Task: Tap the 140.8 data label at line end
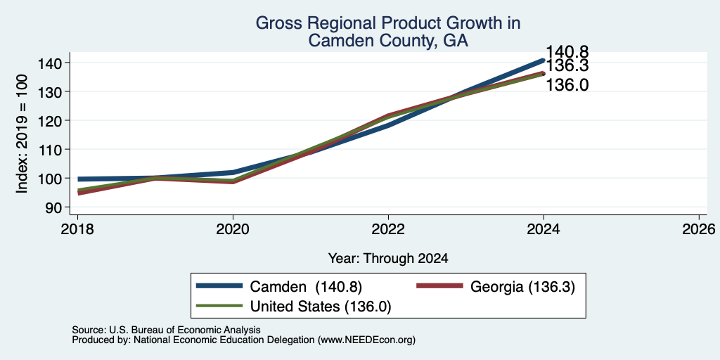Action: (567, 52)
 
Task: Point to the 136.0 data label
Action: (567, 85)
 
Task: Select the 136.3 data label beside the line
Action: (567, 65)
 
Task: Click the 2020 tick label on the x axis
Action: (233, 229)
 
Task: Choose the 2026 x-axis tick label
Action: (699, 229)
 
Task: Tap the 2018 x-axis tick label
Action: (77, 229)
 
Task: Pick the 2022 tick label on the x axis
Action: (388, 229)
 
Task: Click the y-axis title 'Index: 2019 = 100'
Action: (22, 134)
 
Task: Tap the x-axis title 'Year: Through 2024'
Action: (388, 259)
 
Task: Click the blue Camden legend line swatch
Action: (219, 286)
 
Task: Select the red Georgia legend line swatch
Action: (439, 286)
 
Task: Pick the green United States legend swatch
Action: (219, 305)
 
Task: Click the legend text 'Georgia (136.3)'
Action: (522, 287)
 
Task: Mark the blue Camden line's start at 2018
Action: (78, 179)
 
